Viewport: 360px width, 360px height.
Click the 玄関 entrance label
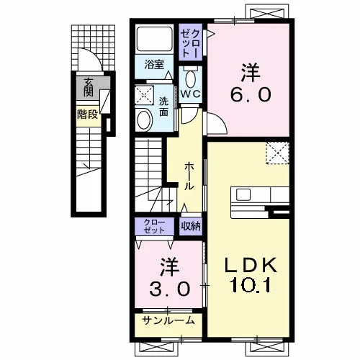point(88,87)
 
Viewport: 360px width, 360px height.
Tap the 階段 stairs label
point(88,115)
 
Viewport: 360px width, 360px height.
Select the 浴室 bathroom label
point(154,64)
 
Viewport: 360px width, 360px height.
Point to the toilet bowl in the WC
point(191,79)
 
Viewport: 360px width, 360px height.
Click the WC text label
point(191,94)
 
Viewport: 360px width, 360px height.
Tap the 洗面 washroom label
point(164,107)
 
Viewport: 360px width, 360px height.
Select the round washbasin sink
point(143,120)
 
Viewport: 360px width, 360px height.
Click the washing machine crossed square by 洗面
point(144,95)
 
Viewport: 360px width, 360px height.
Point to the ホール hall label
point(189,176)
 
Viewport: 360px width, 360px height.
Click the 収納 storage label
point(191,226)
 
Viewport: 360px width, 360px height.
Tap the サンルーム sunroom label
point(168,320)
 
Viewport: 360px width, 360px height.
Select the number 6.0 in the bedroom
point(251,94)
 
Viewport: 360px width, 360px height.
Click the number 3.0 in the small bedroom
point(170,289)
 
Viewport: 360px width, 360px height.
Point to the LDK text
point(251,266)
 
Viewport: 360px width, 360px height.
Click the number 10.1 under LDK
point(250,285)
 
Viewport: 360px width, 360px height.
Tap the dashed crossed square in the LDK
point(277,153)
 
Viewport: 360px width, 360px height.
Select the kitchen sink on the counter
point(243,194)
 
